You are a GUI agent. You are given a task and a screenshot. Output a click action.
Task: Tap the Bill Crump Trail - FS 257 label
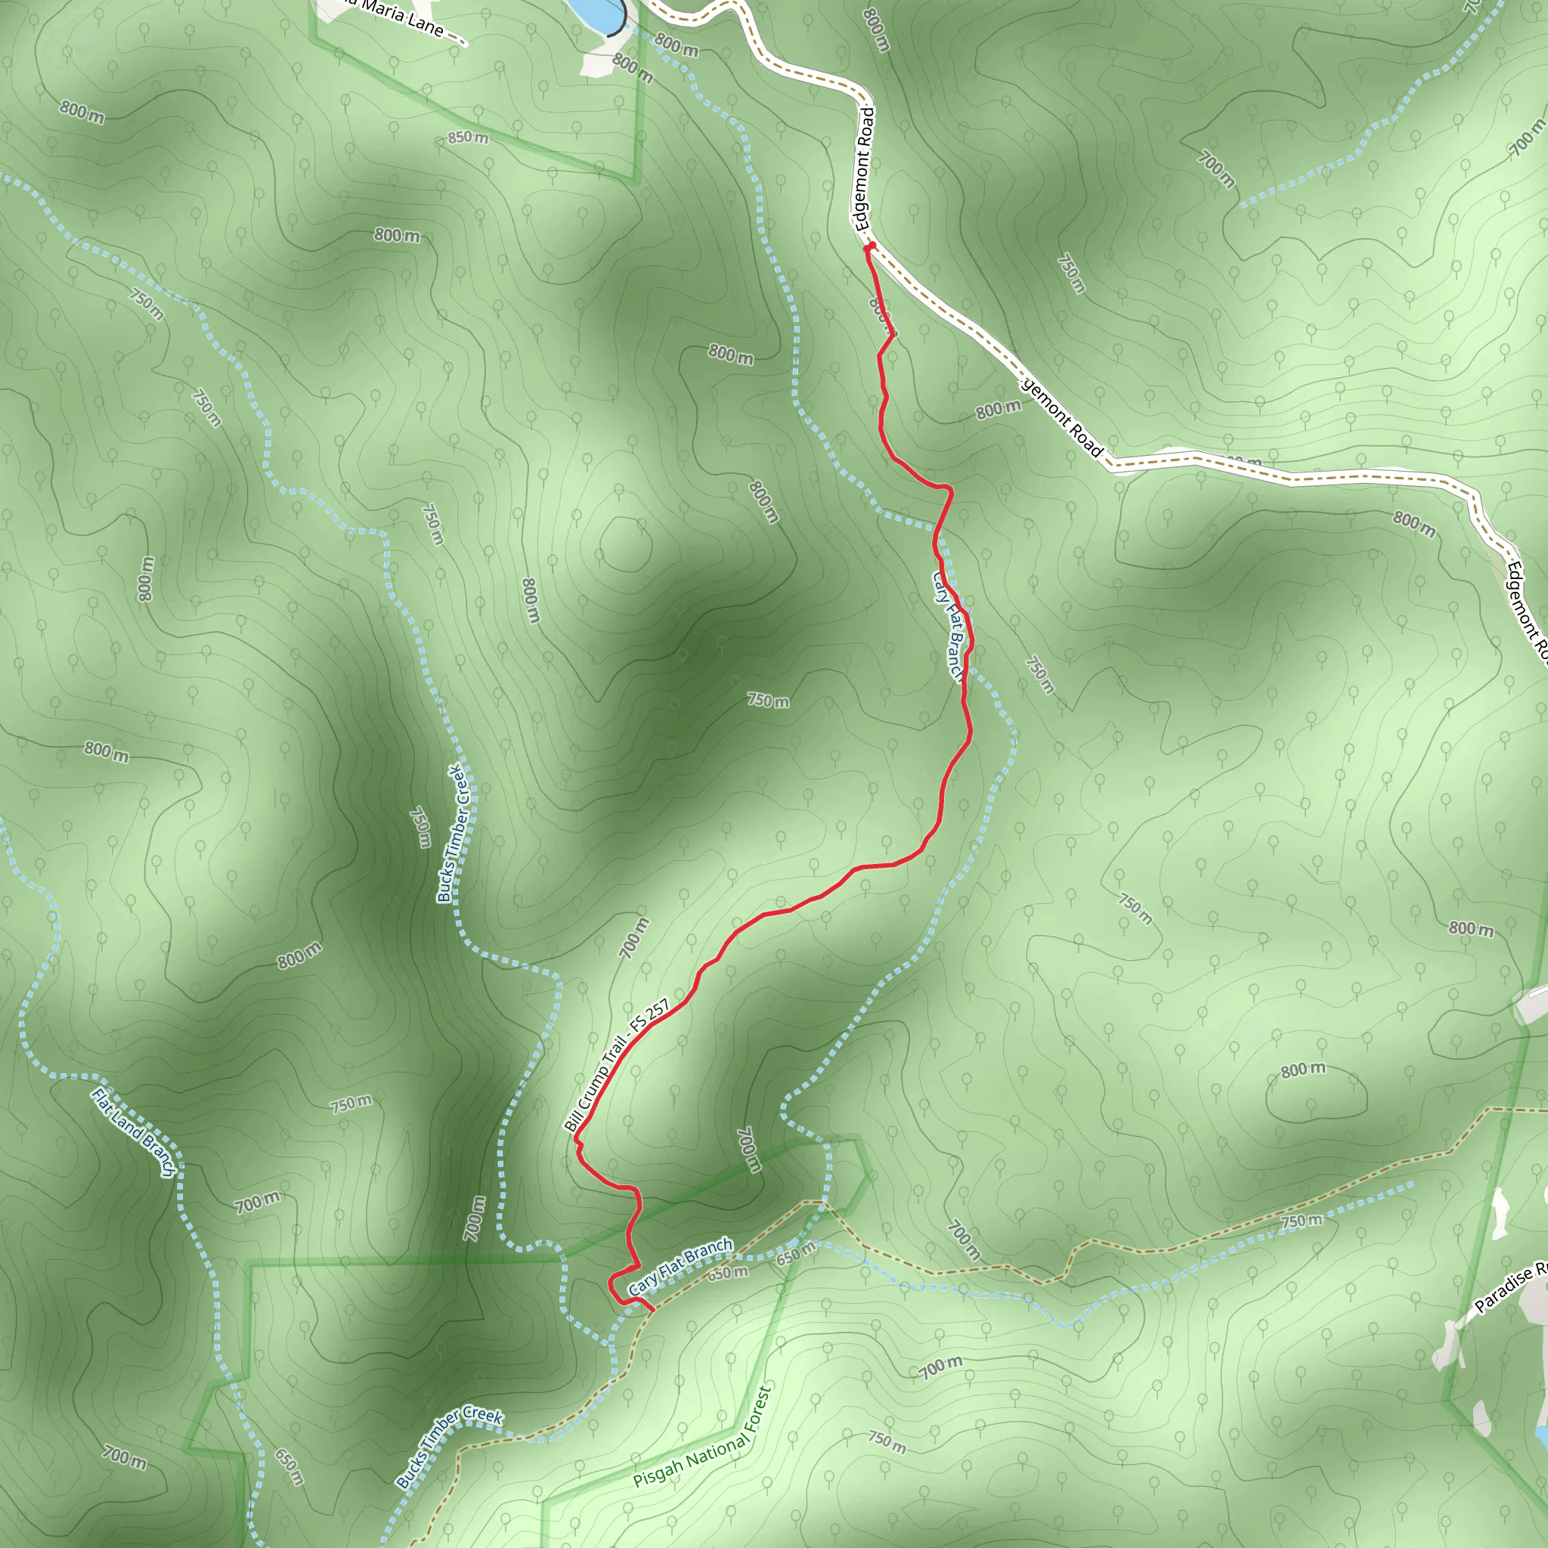click(x=617, y=1066)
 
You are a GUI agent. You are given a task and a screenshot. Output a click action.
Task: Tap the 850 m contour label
click(x=468, y=138)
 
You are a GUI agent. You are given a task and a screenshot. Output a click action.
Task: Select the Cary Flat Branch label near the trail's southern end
click(x=680, y=1267)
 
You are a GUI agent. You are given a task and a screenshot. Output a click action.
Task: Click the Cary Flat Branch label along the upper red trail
click(x=947, y=624)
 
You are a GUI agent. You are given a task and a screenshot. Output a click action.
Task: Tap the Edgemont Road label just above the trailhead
click(x=865, y=169)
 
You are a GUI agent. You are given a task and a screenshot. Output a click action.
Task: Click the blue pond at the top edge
click(x=597, y=12)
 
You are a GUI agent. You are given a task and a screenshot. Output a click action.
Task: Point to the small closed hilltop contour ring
click(x=622, y=544)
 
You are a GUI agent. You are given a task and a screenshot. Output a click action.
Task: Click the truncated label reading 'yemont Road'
click(x=1063, y=417)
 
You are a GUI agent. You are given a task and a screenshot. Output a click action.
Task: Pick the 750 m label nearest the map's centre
click(x=768, y=700)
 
